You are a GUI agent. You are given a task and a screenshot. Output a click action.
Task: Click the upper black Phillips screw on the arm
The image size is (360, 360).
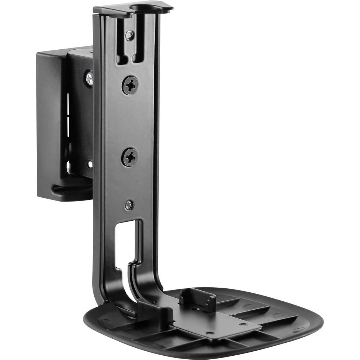(x=130, y=86)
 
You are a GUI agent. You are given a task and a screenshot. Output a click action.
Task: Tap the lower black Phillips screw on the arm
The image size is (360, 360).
(x=130, y=157)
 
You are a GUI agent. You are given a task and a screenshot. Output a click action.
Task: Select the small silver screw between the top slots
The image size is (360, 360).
(x=130, y=35)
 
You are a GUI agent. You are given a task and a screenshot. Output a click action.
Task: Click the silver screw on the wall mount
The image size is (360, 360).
(x=89, y=78)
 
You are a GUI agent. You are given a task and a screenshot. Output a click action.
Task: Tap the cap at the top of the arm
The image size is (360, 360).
(x=133, y=9)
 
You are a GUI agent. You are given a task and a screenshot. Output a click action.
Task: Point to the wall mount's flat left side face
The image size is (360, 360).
(x=49, y=122)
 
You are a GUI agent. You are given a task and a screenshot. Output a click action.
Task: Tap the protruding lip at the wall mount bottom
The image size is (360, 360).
(x=70, y=190)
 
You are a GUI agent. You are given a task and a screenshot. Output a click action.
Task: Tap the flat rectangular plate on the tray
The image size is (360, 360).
(x=216, y=320)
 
